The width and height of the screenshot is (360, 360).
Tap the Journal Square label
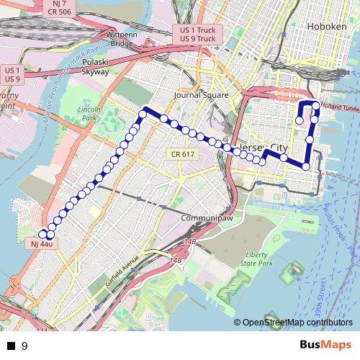click(x=201, y=95)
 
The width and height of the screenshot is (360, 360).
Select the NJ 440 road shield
click(x=42, y=244)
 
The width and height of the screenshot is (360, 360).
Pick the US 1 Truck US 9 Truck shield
click(x=197, y=35)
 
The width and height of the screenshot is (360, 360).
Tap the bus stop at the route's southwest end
click(x=42, y=234)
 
